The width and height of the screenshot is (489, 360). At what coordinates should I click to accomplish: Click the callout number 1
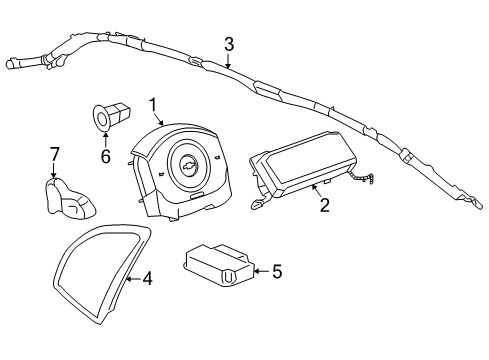click(153, 105)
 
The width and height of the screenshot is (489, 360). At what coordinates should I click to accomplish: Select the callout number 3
click(229, 43)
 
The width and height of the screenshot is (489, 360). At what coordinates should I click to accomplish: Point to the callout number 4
click(147, 280)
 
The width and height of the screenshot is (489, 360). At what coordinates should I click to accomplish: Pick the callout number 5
click(277, 269)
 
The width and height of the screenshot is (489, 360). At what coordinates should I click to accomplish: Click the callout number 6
click(104, 156)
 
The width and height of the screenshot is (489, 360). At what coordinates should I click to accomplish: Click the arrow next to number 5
click(257, 269)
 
